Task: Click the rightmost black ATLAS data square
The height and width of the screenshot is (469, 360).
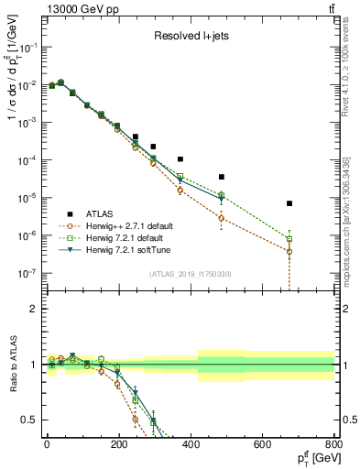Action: pyautogui.click(x=289, y=203)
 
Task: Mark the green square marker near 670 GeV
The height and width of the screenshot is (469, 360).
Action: pyautogui.click(x=289, y=239)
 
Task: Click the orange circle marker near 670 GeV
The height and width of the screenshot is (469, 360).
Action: pyautogui.click(x=289, y=252)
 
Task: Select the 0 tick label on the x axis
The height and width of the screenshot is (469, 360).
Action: pyautogui.click(x=47, y=444)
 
